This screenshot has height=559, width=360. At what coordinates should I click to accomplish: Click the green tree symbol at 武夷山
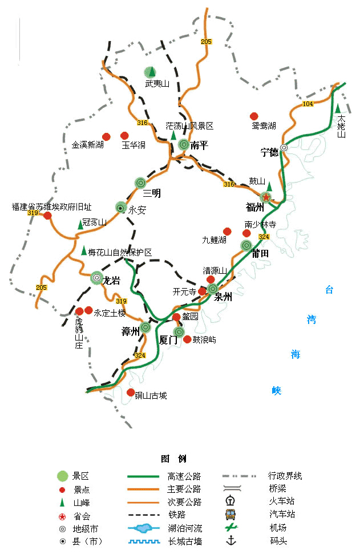(x=149, y=72)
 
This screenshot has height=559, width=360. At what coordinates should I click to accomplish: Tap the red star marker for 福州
(x=266, y=197)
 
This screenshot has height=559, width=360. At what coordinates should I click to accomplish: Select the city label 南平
(x=199, y=145)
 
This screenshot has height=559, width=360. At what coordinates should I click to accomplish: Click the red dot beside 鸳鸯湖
(x=254, y=116)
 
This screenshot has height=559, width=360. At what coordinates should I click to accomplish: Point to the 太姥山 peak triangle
(x=338, y=108)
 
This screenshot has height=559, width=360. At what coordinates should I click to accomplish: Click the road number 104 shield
(x=308, y=104)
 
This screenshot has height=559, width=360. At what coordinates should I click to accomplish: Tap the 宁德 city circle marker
(x=284, y=148)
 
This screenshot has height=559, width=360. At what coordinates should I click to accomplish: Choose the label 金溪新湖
(x=88, y=145)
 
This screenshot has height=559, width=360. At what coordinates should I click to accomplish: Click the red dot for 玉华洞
(x=124, y=136)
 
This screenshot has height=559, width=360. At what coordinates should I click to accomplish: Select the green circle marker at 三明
(x=140, y=183)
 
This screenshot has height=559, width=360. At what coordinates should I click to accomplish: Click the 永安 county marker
(x=120, y=208)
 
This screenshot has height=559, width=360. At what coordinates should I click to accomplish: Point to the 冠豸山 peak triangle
(x=80, y=225)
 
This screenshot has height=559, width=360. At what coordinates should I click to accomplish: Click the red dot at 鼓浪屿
(x=187, y=339)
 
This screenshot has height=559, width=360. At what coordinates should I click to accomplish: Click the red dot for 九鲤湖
(x=227, y=231)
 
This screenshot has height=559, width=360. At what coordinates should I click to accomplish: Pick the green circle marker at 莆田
(x=246, y=245)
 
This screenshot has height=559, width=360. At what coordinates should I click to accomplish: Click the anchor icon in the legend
(x=230, y=540)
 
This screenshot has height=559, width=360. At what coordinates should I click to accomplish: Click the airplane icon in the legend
(x=230, y=527)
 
